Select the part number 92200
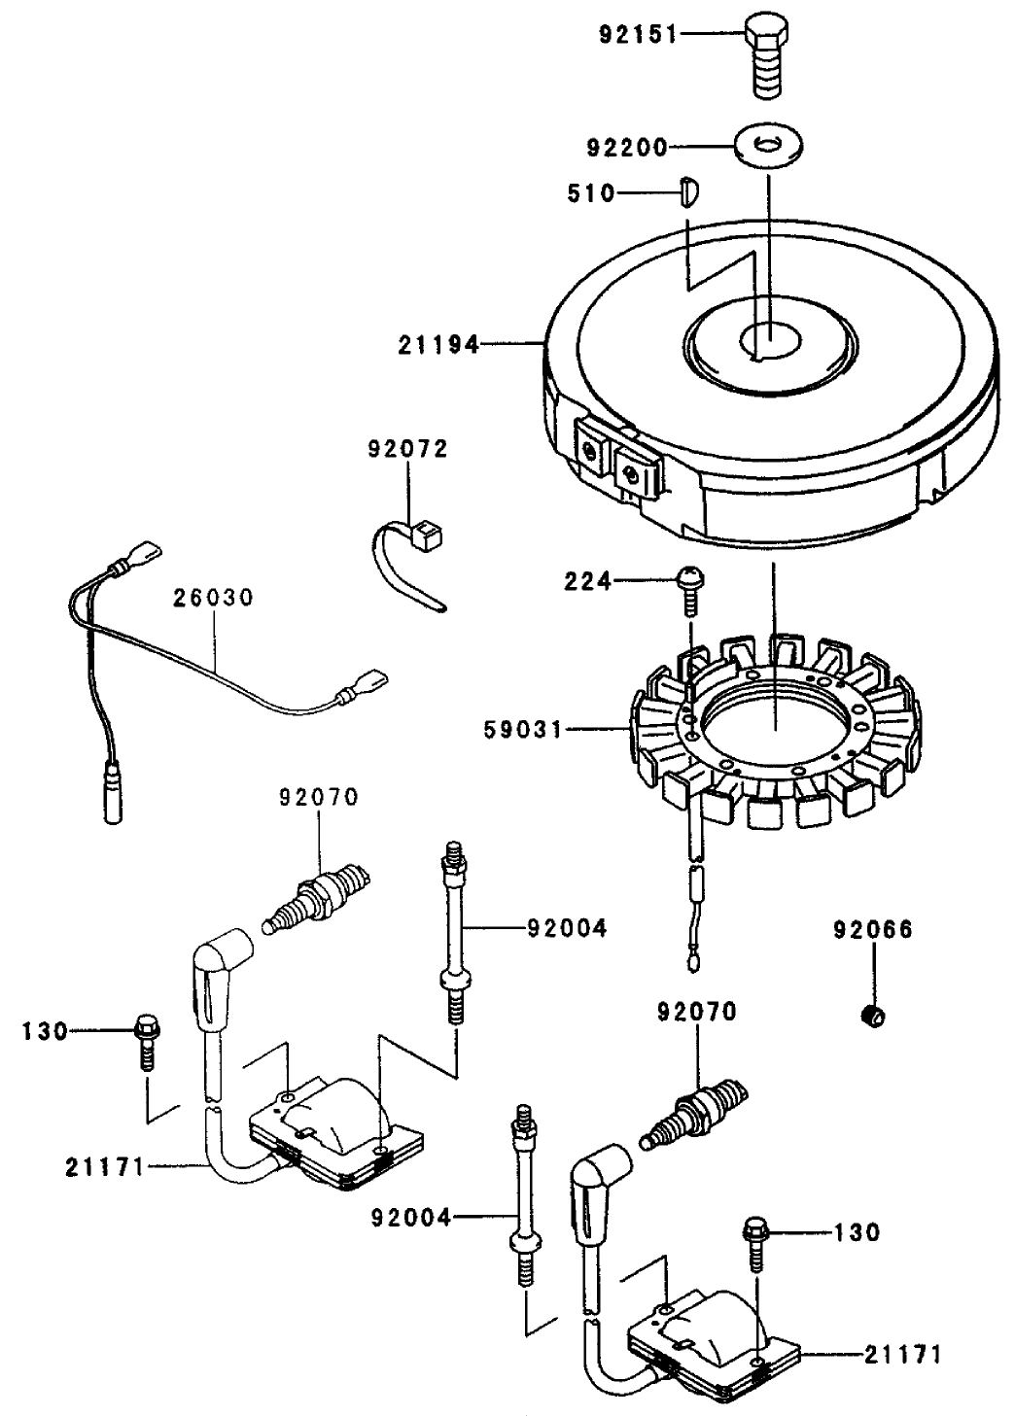pos(628,148)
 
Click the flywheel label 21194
pos(437,345)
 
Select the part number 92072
pos(407,449)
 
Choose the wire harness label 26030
pos(213,597)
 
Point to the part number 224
pos(587,581)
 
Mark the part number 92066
pos(872,930)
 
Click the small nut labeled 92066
pos(874,1016)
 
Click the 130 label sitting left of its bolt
pos(45,1031)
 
